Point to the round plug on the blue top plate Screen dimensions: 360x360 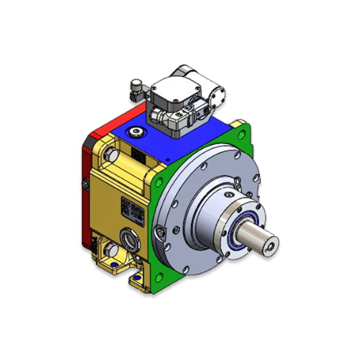click(135, 132)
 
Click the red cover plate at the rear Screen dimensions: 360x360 click(87, 187)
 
